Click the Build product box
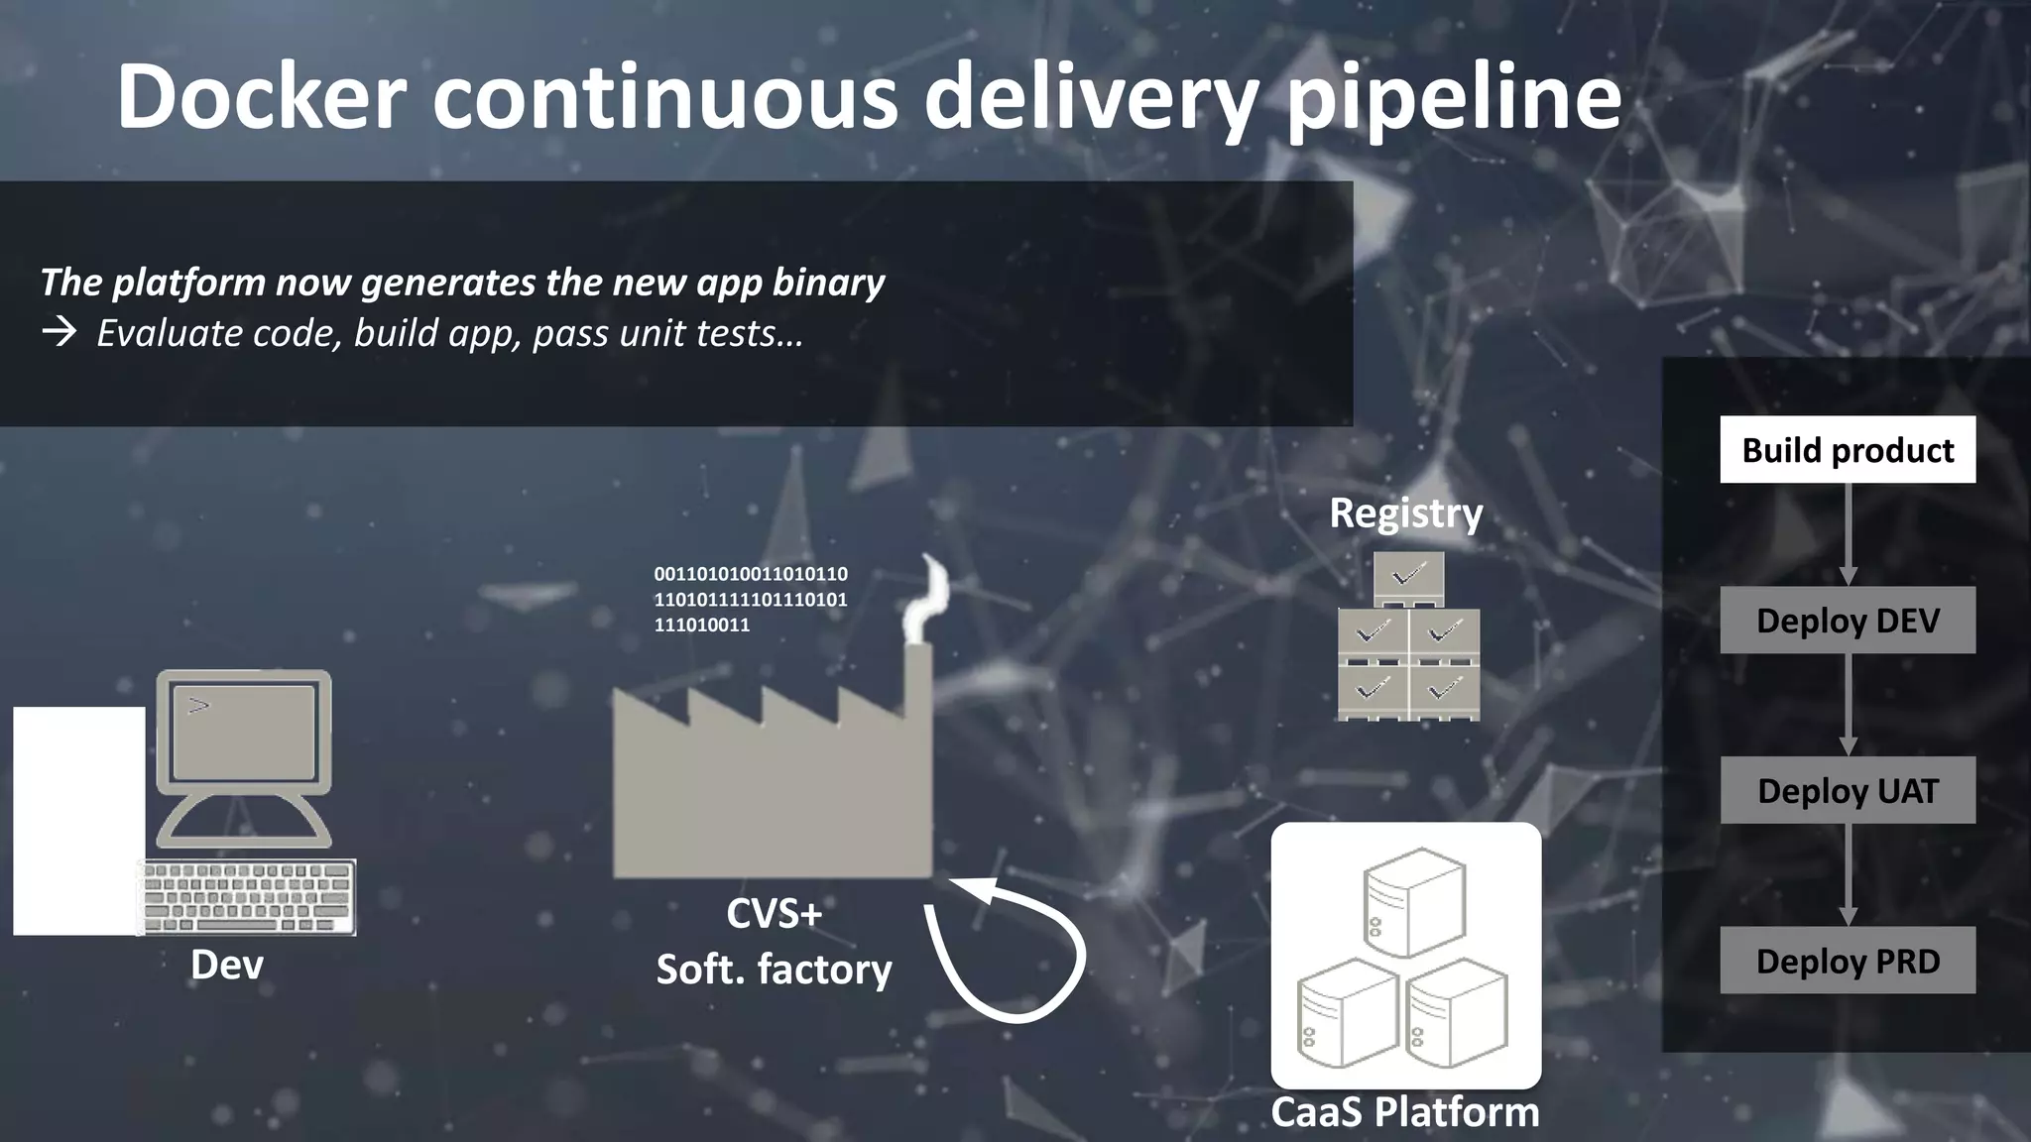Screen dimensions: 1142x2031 (1847, 450)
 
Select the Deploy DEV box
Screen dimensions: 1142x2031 (1847, 621)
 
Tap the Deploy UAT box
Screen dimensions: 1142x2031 (1847, 791)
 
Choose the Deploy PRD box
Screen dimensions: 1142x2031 (1847, 961)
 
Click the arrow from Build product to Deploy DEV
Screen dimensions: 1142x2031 (1848, 535)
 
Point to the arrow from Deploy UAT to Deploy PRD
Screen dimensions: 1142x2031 (1848, 875)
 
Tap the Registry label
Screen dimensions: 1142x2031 (1405, 514)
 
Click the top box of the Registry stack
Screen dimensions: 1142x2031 (1408, 577)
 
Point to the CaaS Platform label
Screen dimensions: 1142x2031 (1405, 1112)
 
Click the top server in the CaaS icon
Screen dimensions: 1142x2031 (1414, 900)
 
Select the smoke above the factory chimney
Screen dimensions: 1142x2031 (928, 601)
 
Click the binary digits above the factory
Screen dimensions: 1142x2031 (750, 599)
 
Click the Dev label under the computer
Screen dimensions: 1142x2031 (227, 965)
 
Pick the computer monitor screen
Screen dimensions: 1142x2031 (244, 732)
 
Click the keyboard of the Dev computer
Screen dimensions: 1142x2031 (248, 896)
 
